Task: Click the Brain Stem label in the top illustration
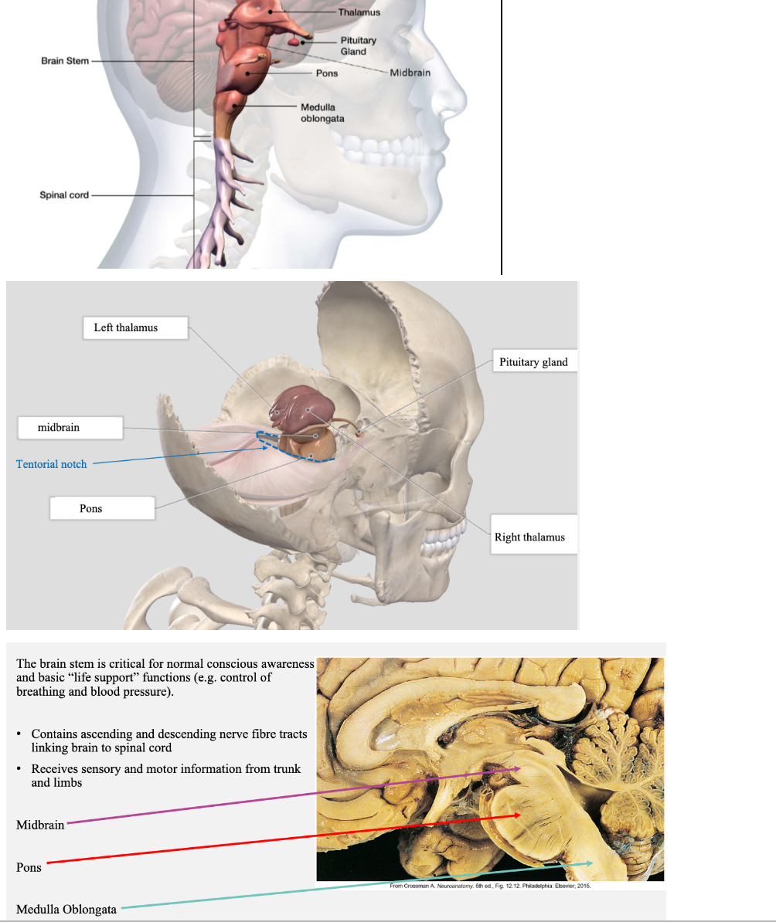65,61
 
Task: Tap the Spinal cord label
64,195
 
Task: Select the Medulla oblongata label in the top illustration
322,113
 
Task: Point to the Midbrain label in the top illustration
410,73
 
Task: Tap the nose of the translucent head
455,100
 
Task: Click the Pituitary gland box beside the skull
533,362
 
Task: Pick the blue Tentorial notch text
52,464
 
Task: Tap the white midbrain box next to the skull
70,427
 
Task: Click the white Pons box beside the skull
101,508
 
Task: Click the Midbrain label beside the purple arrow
40,825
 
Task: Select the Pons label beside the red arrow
29,867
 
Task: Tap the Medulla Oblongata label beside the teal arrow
66,909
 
